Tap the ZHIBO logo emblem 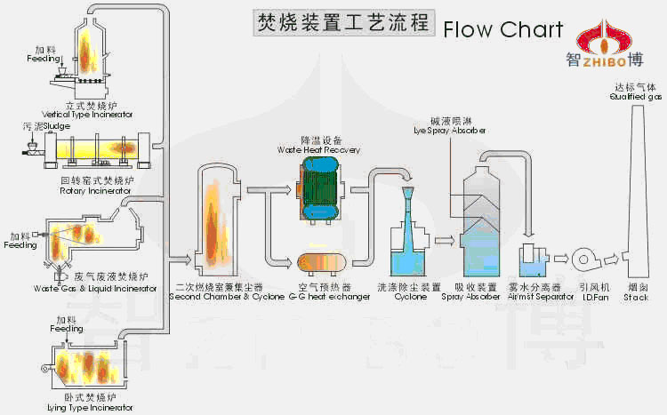coord(602,35)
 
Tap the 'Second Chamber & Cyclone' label coord(217,297)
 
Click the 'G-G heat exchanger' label coord(321,297)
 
